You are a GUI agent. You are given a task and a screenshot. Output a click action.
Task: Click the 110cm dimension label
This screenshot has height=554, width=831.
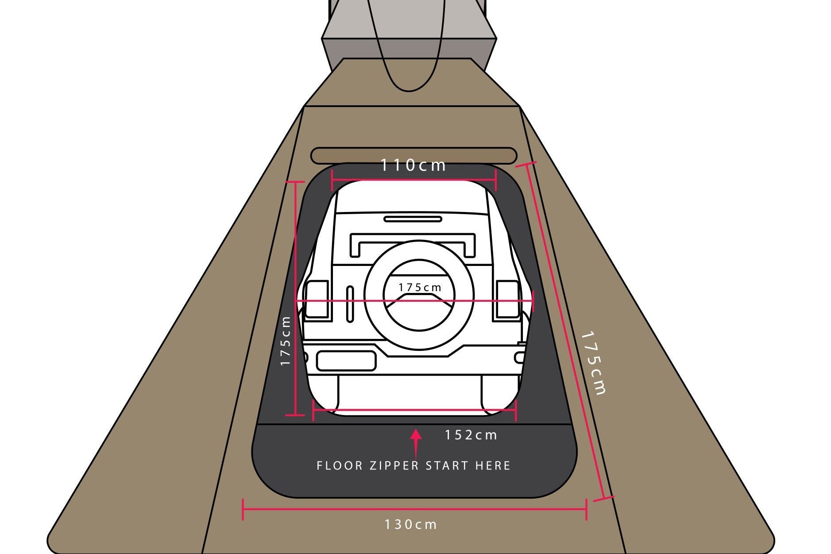pyautogui.click(x=413, y=165)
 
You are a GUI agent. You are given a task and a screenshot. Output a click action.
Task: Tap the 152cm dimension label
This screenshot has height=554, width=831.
pyautogui.click(x=471, y=435)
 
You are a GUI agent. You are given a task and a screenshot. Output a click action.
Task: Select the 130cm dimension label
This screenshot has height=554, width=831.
pyautogui.click(x=411, y=525)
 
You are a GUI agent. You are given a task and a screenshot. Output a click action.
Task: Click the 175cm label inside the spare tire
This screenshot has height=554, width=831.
pyautogui.click(x=420, y=288)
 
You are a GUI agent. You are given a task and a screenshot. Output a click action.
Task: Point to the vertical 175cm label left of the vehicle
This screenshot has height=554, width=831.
pyautogui.click(x=286, y=341)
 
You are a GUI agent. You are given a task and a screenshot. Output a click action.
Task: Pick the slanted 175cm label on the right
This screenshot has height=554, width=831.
pyautogui.click(x=593, y=363)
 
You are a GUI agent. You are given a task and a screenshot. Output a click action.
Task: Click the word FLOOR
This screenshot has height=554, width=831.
pyautogui.click(x=340, y=466)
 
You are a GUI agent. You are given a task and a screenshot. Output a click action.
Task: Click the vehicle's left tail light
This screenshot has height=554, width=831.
pyautogui.click(x=317, y=299)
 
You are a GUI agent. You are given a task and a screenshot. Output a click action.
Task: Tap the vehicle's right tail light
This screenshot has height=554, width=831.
pyautogui.click(x=507, y=299)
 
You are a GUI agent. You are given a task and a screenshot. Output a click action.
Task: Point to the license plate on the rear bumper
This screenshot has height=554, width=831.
pyautogui.click(x=346, y=361)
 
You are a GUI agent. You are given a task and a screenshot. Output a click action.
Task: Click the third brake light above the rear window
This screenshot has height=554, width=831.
pyautogui.click(x=413, y=219)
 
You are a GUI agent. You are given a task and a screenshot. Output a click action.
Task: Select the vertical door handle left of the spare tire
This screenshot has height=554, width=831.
pyautogui.click(x=350, y=304)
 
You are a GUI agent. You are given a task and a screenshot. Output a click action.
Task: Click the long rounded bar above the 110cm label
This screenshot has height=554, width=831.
pyautogui.click(x=414, y=156)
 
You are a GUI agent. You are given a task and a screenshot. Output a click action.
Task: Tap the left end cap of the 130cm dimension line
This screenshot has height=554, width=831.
pyautogui.click(x=243, y=509)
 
